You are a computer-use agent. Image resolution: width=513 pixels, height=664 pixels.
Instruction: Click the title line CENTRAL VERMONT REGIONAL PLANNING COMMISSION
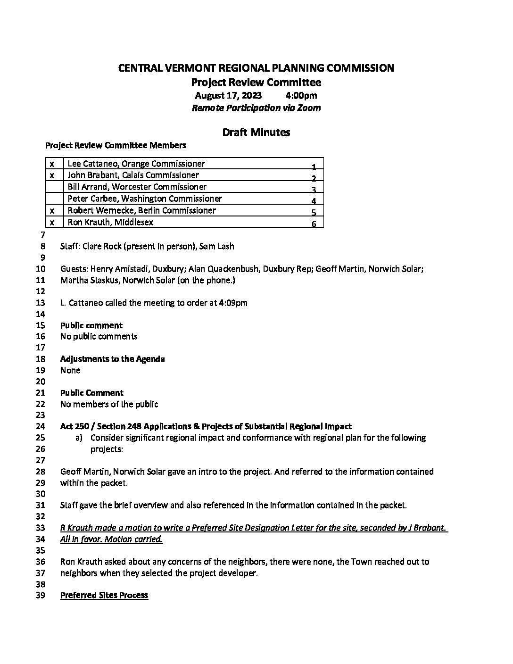coord(256,68)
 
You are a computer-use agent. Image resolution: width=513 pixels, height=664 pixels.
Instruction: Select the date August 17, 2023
coord(228,96)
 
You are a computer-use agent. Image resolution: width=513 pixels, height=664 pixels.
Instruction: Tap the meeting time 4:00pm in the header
coord(301,96)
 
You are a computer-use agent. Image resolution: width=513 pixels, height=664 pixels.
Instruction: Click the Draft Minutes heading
coord(256,133)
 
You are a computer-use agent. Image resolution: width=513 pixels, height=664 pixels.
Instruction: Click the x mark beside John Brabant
coord(52,175)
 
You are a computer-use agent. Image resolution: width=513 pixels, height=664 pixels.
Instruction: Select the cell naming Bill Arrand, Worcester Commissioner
coord(137,187)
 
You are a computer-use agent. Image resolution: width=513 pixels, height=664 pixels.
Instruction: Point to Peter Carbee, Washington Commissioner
coord(145,199)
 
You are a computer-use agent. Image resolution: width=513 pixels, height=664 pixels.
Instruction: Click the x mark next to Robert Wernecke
coord(52,210)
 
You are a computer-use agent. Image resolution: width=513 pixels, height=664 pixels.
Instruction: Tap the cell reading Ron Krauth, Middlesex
coord(110,222)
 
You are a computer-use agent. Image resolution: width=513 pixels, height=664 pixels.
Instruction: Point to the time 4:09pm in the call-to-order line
coord(233,303)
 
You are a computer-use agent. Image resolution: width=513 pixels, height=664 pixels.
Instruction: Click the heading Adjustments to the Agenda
coord(112,359)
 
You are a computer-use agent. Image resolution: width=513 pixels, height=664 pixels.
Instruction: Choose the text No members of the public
coord(109,404)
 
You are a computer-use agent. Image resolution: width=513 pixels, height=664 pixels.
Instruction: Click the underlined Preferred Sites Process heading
coord(104,595)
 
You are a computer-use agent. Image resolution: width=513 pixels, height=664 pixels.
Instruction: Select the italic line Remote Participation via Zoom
coord(256,108)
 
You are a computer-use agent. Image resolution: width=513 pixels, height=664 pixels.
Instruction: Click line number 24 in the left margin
coord(41,427)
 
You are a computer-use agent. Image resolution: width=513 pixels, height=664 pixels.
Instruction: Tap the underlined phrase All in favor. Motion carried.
coord(111,539)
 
